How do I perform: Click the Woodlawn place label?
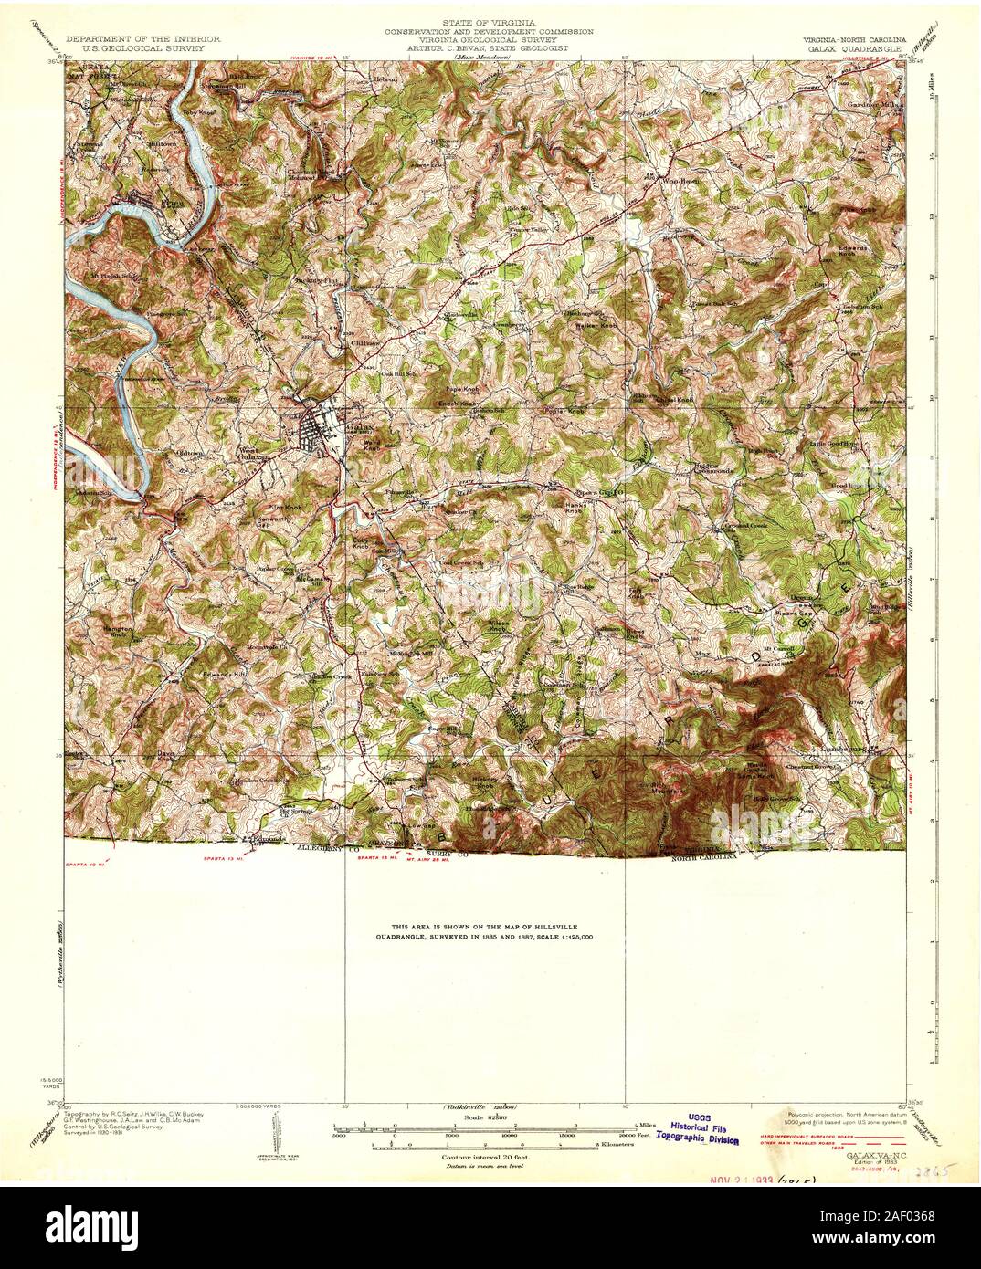click(x=678, y=181)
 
